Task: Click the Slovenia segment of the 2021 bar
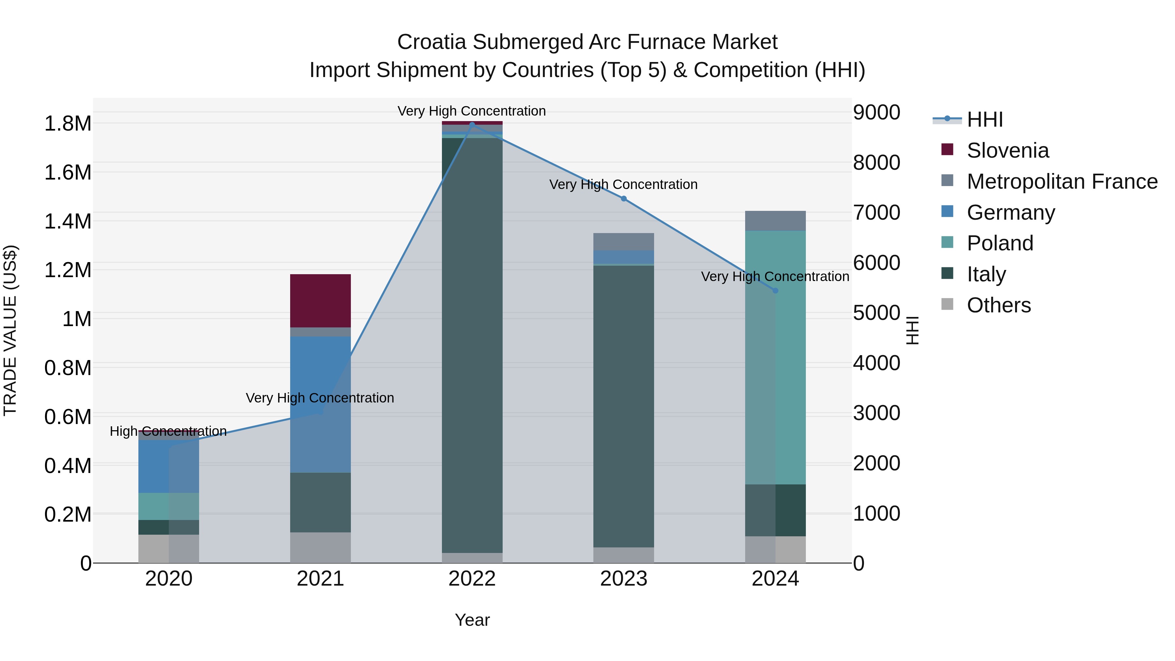(x=320, y=301)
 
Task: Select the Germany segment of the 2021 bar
(x=320, y=404)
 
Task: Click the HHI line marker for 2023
(x=623, y=198)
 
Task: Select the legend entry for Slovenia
(x=1007, y=150)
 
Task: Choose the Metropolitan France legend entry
(x=1061, y=181)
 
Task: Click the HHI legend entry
(x=984, y=119)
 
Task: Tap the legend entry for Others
(x=998, y=305)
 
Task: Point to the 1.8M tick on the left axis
(x=68, y=124)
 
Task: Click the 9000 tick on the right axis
(x=876, y=112)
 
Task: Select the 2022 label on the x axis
(x=472, y=579)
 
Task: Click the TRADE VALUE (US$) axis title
(x=10, y=330)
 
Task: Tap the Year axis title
(x=472, y=620)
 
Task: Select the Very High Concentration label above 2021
(x=320, y=398)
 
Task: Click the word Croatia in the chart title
(x=431, y=42)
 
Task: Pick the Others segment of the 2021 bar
(x=320, y=547)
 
